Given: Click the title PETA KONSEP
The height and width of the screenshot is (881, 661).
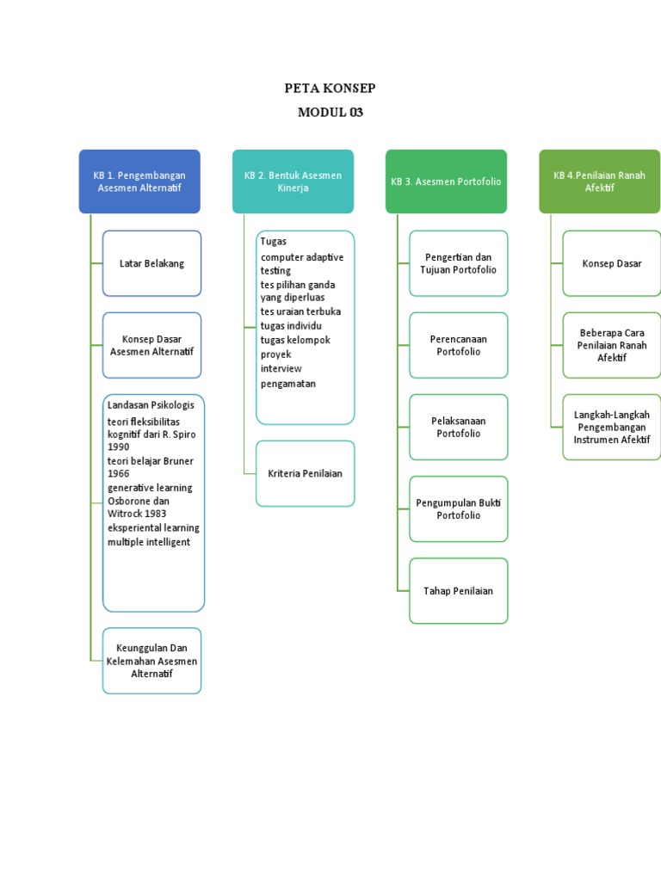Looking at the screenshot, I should click(x=330, y=89).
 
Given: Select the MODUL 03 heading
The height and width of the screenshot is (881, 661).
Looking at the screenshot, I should click(x=330, y=113).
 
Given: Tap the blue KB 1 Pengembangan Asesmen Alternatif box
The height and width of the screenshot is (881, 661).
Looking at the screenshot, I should click(x=139, y=182).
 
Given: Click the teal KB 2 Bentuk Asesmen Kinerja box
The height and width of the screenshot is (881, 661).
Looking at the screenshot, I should click(x=293, y=182).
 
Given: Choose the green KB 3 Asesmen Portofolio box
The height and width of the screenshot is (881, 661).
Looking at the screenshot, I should click(x=446, y=182).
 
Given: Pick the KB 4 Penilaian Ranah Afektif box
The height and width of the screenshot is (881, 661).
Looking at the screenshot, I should click(x=599, y=182).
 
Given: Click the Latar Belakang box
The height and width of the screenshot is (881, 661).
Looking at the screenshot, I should click(x=151, y=263).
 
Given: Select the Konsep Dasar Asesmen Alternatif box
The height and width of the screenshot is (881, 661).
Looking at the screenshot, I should click(x=151, y=345).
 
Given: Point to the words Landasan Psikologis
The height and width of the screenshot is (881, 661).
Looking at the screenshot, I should click(x=151, y=405).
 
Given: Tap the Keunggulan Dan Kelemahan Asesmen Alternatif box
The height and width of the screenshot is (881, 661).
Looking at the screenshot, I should click(x=151, y=661).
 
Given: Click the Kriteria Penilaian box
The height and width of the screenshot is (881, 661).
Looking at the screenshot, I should click(x=305, y=473).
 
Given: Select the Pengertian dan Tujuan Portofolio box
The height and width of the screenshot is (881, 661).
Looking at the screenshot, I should click(x=458, y=263).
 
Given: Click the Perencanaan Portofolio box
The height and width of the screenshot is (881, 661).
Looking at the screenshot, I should click(x=458, y=345).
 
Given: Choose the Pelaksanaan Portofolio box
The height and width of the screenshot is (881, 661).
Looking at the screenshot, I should click(x=458, y=427).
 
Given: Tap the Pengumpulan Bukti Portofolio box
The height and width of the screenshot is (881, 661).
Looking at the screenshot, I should click(x=458, y=508).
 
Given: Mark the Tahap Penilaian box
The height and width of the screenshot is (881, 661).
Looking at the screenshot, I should click(x=458, y=591).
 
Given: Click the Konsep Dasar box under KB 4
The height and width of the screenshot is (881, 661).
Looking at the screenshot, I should click(x=611, y=263).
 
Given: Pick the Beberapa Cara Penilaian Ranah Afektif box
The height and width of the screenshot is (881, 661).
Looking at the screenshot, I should click(x=611, y=345).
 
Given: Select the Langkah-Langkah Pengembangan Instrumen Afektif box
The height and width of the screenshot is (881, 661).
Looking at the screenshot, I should click(x=611, y=427).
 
